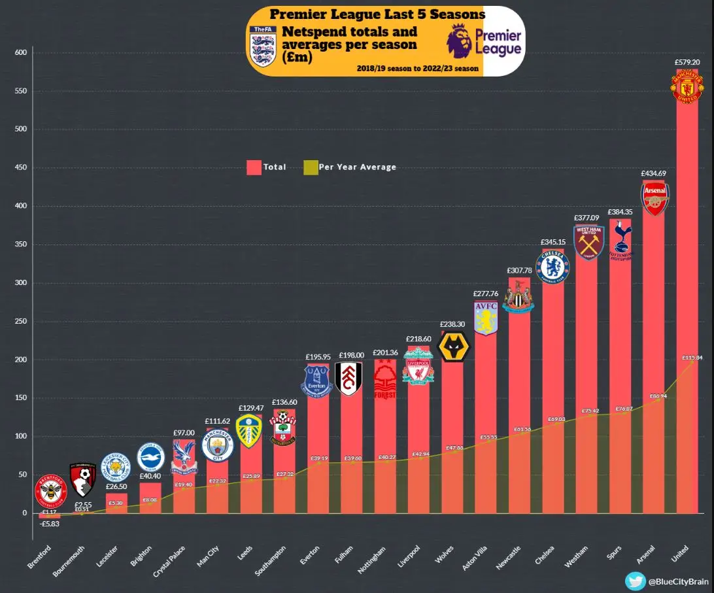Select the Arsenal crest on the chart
click(x=654, y=199)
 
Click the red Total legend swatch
click(x=254, y=167)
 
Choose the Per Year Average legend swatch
click(x=310, y=167)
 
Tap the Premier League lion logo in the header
click(x=460, y=41)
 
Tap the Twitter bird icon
click(x=635, y=581)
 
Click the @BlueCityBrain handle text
click(x=675, y=581)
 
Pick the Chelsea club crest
click(x=552, y=267)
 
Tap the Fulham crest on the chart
click(x=348, y=379)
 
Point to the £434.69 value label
click(x=654, y=173)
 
